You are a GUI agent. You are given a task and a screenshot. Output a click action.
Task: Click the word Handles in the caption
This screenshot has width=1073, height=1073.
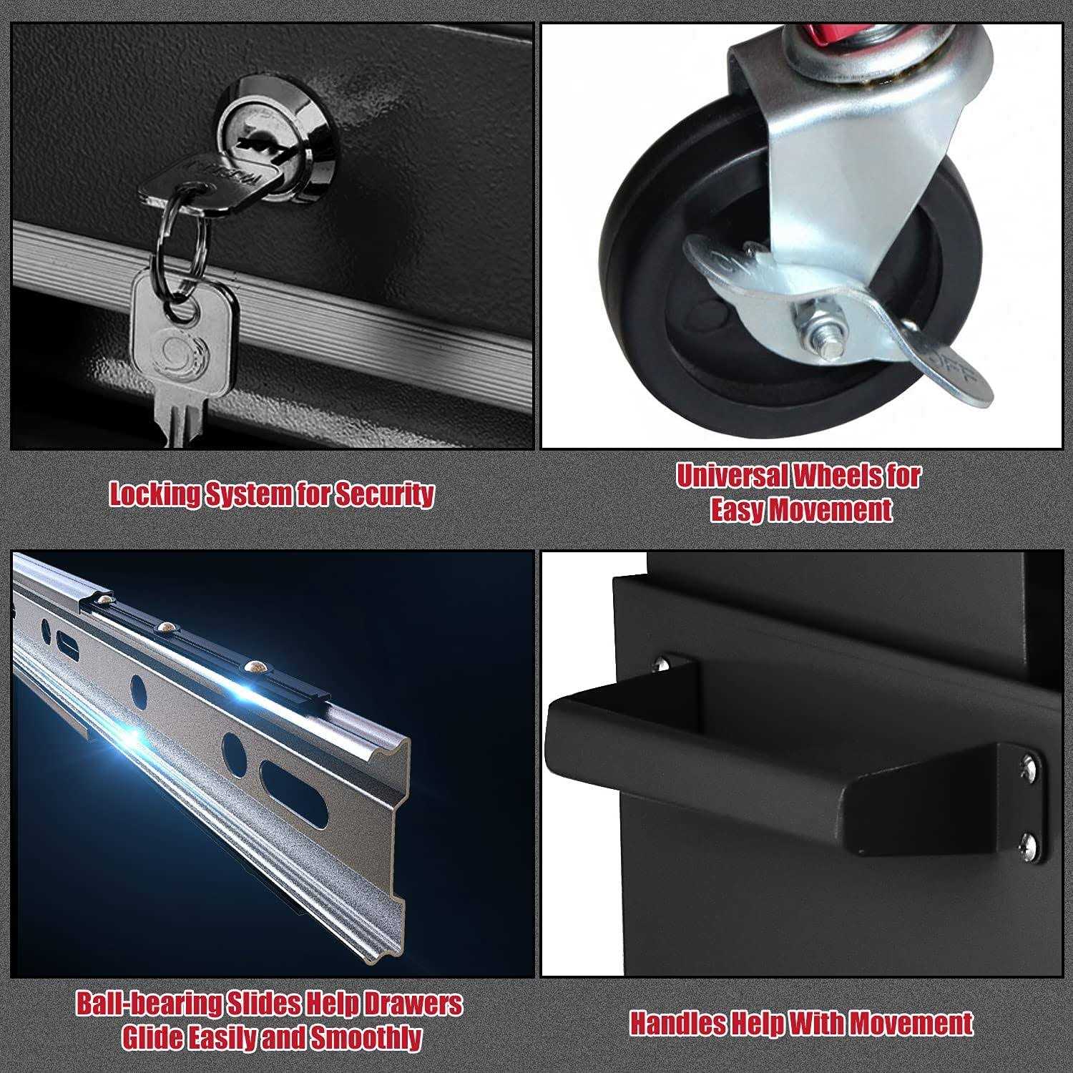point(676,1024)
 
